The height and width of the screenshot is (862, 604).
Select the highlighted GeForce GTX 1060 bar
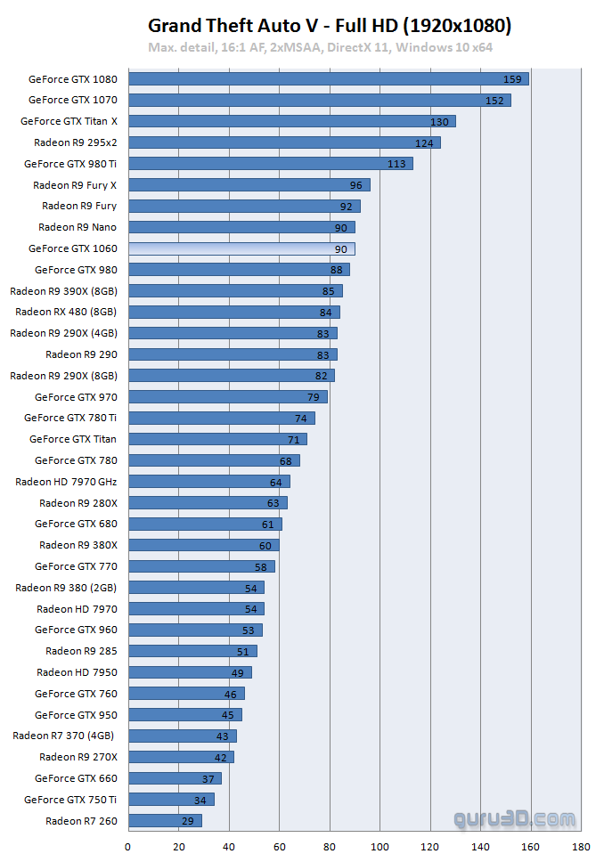coord(241,248)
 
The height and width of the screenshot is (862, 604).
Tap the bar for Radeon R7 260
coord(165,821)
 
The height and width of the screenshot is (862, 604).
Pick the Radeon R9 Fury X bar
coord(249,185)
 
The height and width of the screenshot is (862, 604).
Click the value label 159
coord(512,79)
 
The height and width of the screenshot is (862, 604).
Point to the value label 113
coord(396,164)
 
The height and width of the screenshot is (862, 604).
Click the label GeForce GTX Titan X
coord(69,121)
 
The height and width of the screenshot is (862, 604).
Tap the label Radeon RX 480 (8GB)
coord(65,312)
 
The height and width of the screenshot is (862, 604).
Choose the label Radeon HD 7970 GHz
coord(66,482)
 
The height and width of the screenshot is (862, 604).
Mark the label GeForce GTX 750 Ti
coord(70,800)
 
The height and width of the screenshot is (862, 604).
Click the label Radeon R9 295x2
coord(76,142)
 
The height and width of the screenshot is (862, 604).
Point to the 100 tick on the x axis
coord(380,847)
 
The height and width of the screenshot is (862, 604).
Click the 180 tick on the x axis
coord(582,847)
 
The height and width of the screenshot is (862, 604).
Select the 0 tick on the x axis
coord(128,847)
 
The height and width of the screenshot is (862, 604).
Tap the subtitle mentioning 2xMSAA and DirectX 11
coord(321,47)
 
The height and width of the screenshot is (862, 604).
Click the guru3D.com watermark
coord(514,817)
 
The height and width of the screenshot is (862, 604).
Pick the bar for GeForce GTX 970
coord(228,397)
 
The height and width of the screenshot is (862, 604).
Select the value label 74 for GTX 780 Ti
coord(300,419)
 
